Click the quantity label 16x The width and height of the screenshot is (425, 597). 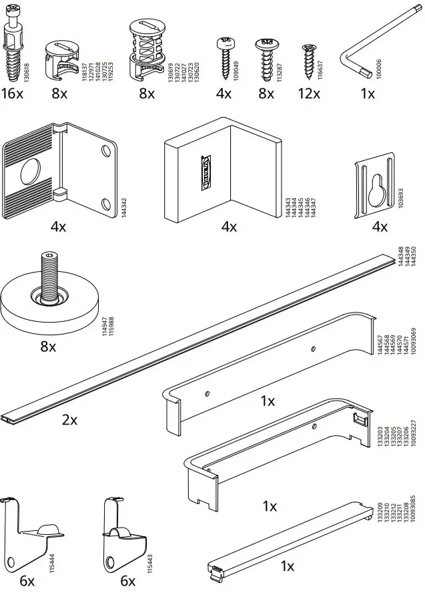click(x=12, y=93)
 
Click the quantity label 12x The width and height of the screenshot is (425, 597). click(x=309, y=93)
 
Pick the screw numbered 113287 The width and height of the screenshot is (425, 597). click(x=266, y=56)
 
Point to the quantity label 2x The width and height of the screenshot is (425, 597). click(x=69, y=420)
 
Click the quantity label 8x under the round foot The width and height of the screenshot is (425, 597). click(x=48, y=347)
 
